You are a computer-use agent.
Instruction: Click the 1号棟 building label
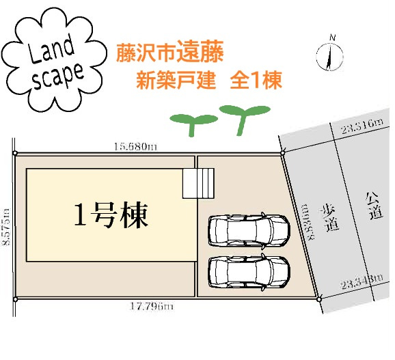[111, 215]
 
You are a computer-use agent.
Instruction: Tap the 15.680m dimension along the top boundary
[135, 146]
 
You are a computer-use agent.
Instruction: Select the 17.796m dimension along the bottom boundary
[152, 307]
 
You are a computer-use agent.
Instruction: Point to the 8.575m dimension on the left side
[5, 227]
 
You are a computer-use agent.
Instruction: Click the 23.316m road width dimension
[362, 126]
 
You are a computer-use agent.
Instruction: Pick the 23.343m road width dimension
[362, 281]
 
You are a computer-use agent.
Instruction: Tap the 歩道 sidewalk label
[329, 218]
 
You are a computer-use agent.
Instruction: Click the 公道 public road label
[374, 206]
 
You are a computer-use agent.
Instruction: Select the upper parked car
[249, 230]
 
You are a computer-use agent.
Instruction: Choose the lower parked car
[249, 272]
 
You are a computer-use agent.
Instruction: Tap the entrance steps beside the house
[198, 183]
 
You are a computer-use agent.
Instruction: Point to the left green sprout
[193, 124]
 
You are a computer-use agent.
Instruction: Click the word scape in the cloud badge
[59, 76]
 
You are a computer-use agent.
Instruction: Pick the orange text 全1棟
[256, 81]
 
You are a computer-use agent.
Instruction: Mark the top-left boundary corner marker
[15, 153]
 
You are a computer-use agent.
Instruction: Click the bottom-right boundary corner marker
[319, 299]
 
